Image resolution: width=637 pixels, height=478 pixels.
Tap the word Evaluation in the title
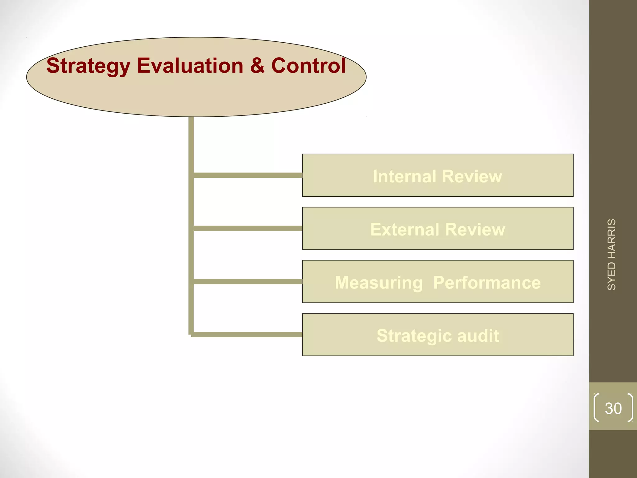pyautogui.click(x=190, y=66)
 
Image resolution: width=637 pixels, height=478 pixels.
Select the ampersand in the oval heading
pyautogui.click(x=257, y=66)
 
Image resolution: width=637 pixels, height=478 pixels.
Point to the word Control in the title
pyautogui.click(x=308, y=66)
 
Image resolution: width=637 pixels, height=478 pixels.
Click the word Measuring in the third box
pyautogui.click(x=379, y=283)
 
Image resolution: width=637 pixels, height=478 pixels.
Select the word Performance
pyautogui.click(x=487, y=283)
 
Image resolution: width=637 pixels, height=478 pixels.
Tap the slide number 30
pyautogui.click(x=613, y=408)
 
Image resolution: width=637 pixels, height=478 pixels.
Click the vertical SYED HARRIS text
pyautogui.click(x=611, y=255)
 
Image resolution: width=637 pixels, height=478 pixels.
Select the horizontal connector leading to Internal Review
pyautogui.click(x=248, y=176)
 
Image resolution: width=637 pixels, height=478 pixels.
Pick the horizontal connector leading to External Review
pyautogui.click(x=248, y=228)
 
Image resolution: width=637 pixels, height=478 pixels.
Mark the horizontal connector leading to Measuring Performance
pyautogui.click(x=248, y=282)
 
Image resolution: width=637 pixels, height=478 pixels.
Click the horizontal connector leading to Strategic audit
pyautogui.click(x=248, y=335)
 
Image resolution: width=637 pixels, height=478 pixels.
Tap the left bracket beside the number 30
pyautogui.click(x=596, y=408)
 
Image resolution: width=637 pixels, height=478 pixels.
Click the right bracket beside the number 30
pyautogui.click(x=630, y=408)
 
